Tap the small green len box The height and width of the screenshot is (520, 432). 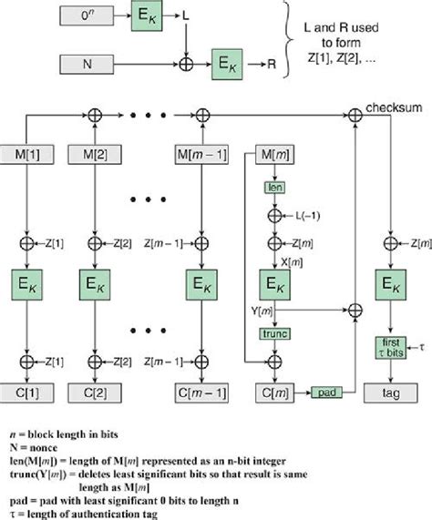[274, 187]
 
